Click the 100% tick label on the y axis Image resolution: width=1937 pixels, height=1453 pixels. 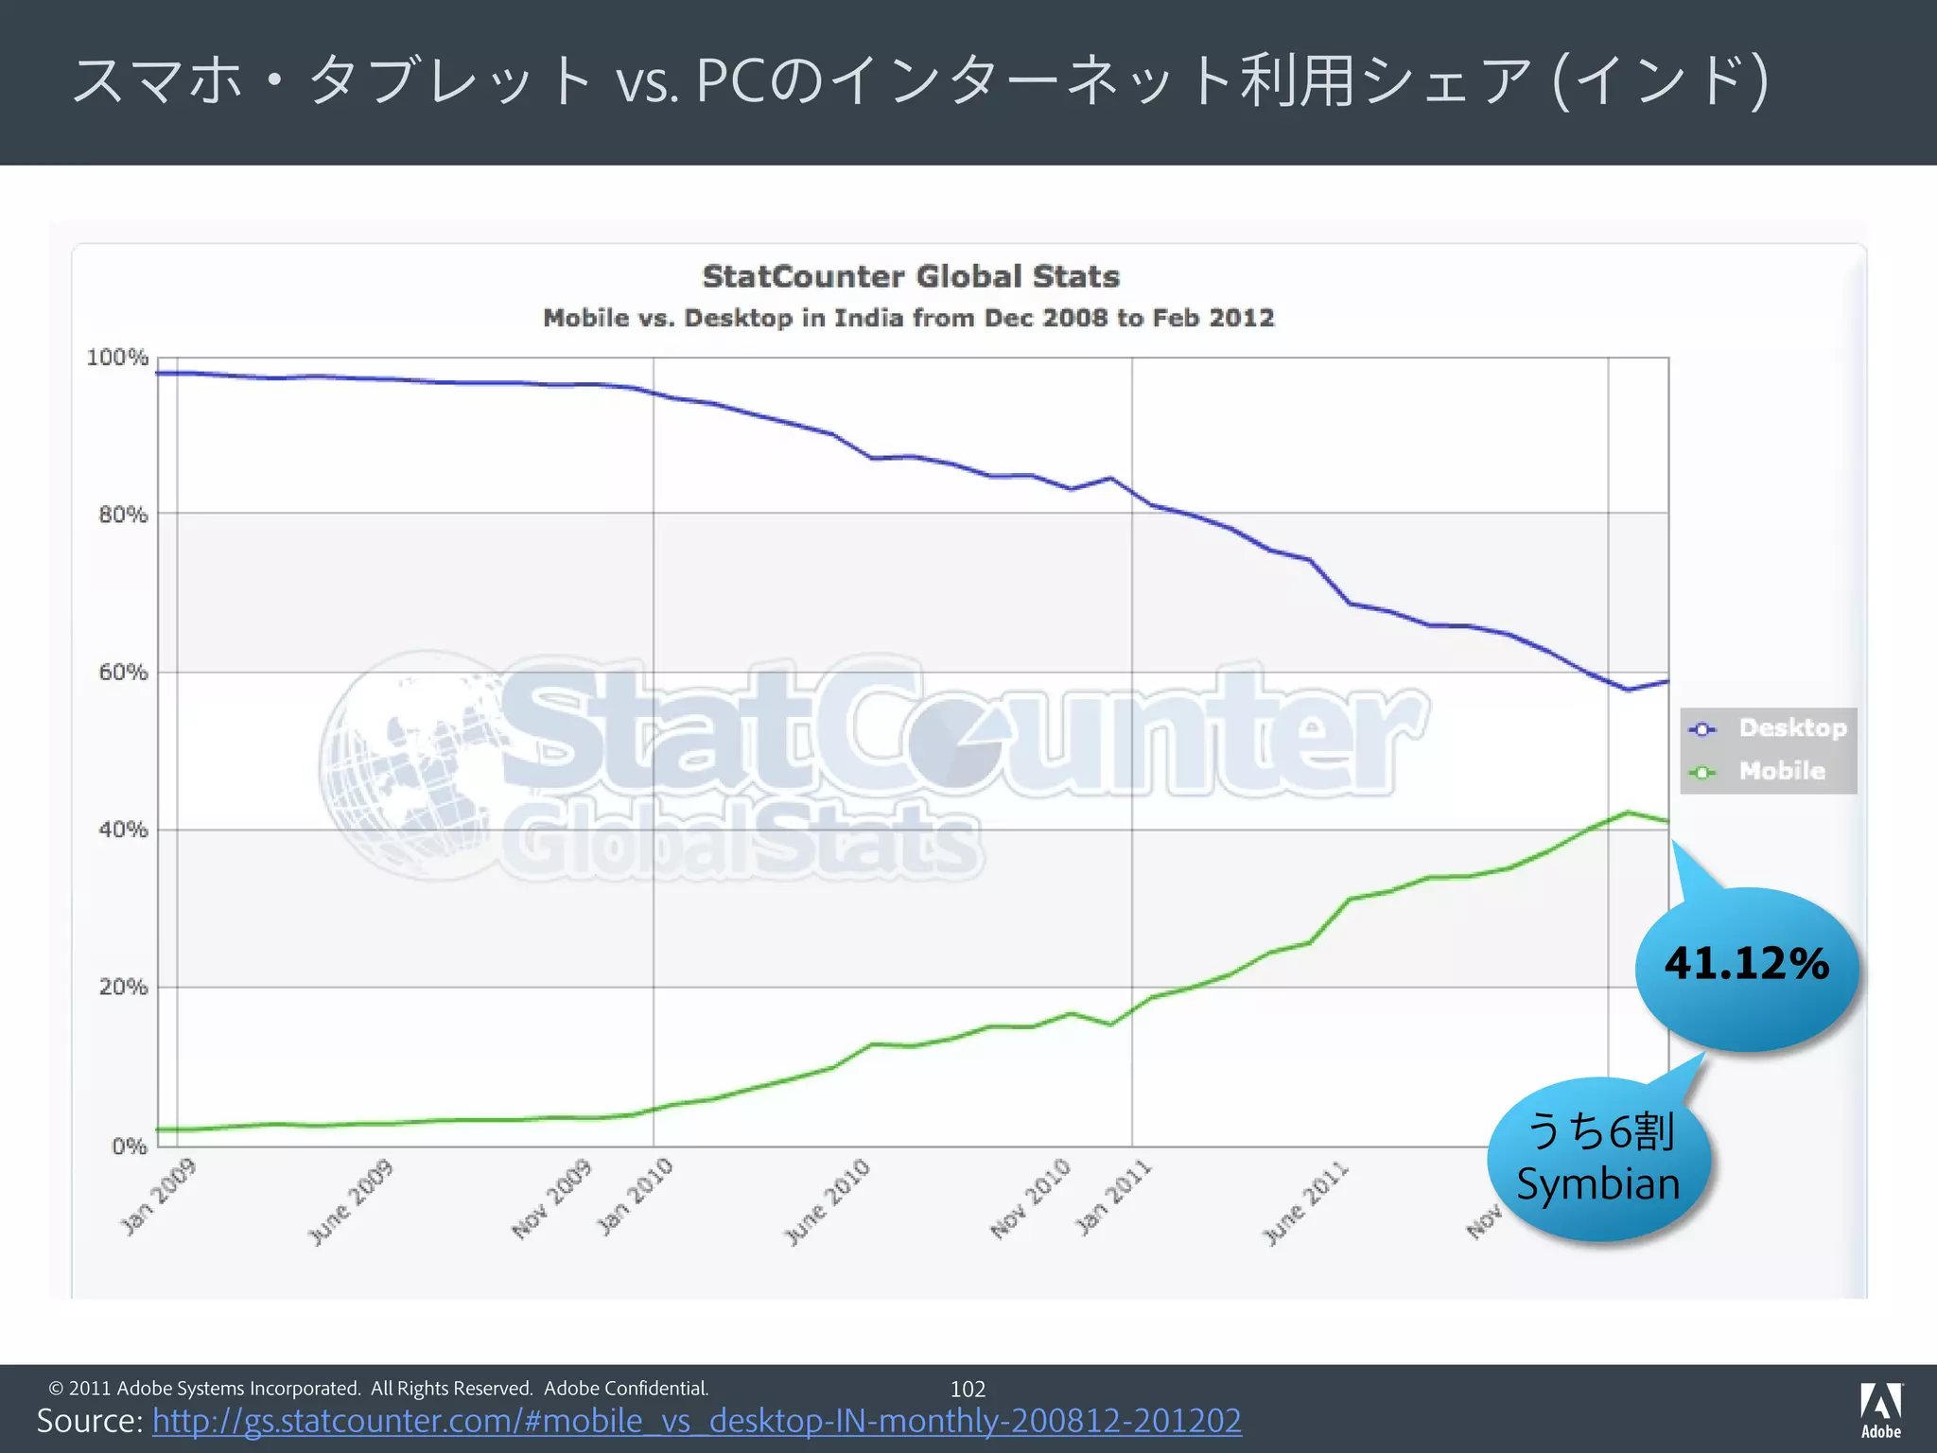pos(117,358)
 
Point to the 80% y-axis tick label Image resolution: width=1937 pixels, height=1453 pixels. pos(123,515)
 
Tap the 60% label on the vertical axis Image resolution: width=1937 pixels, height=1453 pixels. pos(123,673)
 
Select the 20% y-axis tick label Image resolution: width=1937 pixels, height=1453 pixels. pos(123,988)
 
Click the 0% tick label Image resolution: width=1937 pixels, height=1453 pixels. pos(129,1147)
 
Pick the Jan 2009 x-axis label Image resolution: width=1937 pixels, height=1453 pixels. pos(158,1197)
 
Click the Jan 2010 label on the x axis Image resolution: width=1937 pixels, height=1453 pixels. pos(635,1197)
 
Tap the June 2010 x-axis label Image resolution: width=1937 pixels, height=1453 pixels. pos(827,1201)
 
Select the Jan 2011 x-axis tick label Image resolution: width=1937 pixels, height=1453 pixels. pos(1113,1197)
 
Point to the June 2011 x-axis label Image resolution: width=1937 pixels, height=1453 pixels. pos(1305,1201)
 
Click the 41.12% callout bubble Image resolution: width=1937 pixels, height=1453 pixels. pos(1747,965)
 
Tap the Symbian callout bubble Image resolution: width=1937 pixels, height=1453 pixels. pos(1598,1160)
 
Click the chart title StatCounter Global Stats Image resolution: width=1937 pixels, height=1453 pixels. pos(911,276)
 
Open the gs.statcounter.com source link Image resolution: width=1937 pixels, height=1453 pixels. pos(696,1421)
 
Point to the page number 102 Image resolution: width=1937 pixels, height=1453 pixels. pos(968,1389)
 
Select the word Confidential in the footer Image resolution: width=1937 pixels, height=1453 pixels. pos(654,1389)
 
